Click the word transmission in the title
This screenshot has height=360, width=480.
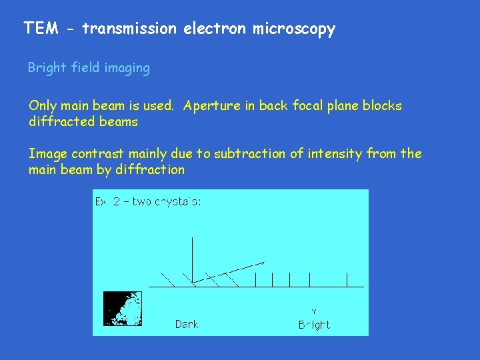click(129, 29)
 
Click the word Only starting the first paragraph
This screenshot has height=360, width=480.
click(42, 106)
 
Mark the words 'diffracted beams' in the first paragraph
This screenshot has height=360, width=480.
click(83, 122)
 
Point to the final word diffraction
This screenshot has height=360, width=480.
click(150, 170)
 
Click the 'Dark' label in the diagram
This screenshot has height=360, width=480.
click(187, 325)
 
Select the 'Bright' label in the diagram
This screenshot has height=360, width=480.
click(313, 325)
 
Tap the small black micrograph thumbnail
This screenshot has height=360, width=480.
click(123, 308)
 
